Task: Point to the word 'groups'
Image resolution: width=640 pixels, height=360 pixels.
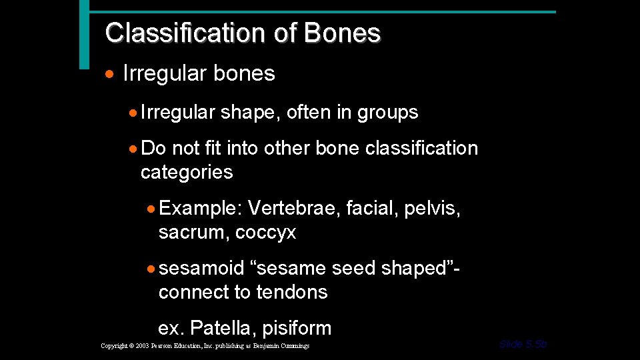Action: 387,113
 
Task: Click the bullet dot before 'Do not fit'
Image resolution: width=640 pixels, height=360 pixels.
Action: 135,148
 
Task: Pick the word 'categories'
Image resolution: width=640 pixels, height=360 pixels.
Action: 187,172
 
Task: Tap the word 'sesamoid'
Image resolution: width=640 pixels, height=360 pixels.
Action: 202,268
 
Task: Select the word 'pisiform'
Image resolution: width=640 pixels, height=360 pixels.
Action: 297,328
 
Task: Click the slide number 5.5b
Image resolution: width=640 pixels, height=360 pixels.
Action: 535,344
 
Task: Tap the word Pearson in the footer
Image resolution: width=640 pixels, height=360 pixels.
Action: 172,346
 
